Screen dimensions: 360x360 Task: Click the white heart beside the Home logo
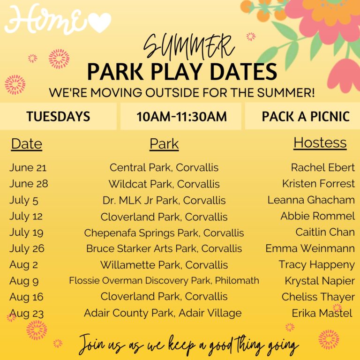[x=99, y=22]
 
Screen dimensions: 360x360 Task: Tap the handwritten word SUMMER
[x=189, y=47]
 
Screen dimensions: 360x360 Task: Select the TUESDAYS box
[x=58, y=116]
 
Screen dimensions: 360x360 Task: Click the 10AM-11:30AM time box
[x=181, y=116]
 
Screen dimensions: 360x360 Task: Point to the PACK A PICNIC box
[x=303, y=116]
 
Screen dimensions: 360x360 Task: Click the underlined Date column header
[x=27, y=144]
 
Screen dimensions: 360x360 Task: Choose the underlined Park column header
[x=164, y=144]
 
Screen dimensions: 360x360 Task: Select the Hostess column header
[x=320, y=143]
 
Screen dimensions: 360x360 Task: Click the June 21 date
[x=28, y=167]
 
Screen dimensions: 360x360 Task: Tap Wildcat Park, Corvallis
[x=164, y=184]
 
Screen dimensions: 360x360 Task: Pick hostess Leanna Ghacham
[x=311, y=200]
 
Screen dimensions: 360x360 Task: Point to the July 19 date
[x=26, y=232]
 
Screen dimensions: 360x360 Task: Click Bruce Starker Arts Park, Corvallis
[x=164, y=248]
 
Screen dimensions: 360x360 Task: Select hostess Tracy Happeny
[x=316, y=265]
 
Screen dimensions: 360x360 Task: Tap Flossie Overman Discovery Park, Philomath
[x=164, y=281]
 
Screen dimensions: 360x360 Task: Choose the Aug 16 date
[x=26, y=297]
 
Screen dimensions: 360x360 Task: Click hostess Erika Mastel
[x=322, y=313]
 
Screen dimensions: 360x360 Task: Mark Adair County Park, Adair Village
[x=163, y=313]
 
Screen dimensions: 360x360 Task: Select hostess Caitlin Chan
[x=325, y=232]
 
